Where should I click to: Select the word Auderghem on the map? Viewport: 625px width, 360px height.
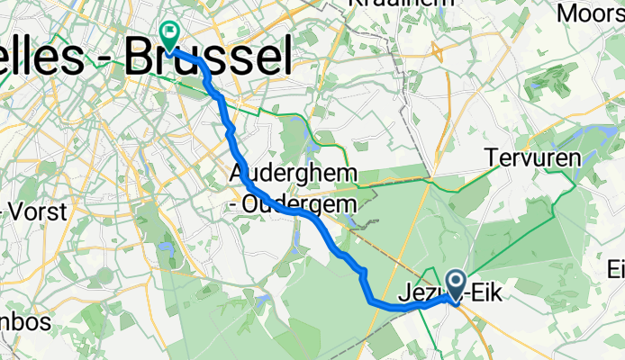click(x=281, y=172)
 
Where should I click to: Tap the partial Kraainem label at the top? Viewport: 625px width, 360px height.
click(x=386, y=4)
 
